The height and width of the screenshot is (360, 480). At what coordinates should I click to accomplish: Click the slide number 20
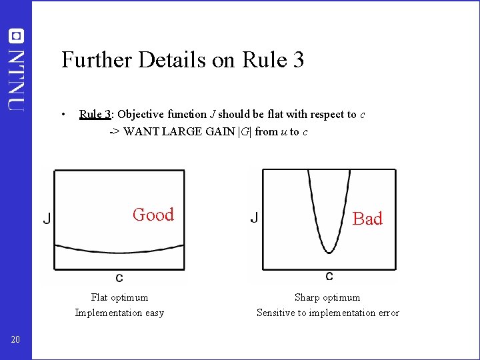pos(16,340)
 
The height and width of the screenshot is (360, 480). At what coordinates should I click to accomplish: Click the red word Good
pos(153,215)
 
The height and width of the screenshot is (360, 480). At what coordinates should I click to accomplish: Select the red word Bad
pos(367,219)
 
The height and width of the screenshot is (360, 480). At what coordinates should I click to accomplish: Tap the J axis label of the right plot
pos(255,218)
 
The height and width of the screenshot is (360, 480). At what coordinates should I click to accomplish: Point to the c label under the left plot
pos(119,277)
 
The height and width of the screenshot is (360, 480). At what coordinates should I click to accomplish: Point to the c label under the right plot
pos(329,276)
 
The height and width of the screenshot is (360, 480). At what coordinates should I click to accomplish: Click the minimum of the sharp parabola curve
pos(329,252)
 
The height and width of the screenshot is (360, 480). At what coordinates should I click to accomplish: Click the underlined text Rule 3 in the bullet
pos(95,114)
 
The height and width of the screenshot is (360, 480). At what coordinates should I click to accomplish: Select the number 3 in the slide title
pos(297,60)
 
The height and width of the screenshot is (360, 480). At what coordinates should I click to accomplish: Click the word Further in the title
pos(97,60)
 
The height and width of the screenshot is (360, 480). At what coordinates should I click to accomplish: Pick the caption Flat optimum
pos(119,297)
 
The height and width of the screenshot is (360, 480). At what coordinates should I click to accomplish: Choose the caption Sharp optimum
pos(327,297)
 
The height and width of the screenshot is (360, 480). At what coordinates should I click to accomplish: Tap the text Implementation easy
pos(119,313)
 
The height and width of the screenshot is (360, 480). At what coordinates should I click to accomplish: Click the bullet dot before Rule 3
pos(62,114)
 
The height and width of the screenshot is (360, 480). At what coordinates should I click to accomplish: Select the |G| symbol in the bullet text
pos(245,131)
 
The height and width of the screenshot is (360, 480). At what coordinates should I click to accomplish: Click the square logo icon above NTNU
pos(16,36)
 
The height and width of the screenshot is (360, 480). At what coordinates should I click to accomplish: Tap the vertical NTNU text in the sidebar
pos(16,79)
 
